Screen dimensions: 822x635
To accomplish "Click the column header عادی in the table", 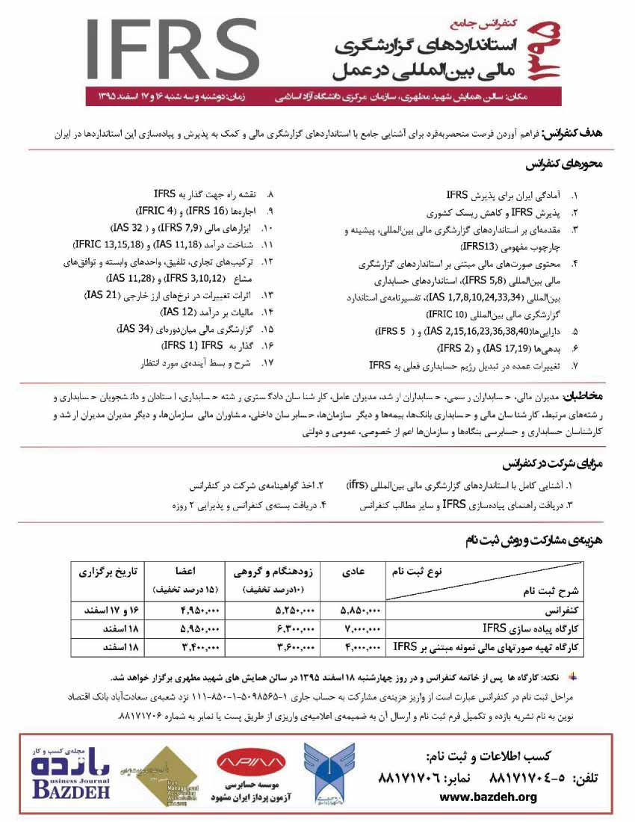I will click(353, 572).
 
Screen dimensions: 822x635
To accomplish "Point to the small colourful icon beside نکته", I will click(573, 677).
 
